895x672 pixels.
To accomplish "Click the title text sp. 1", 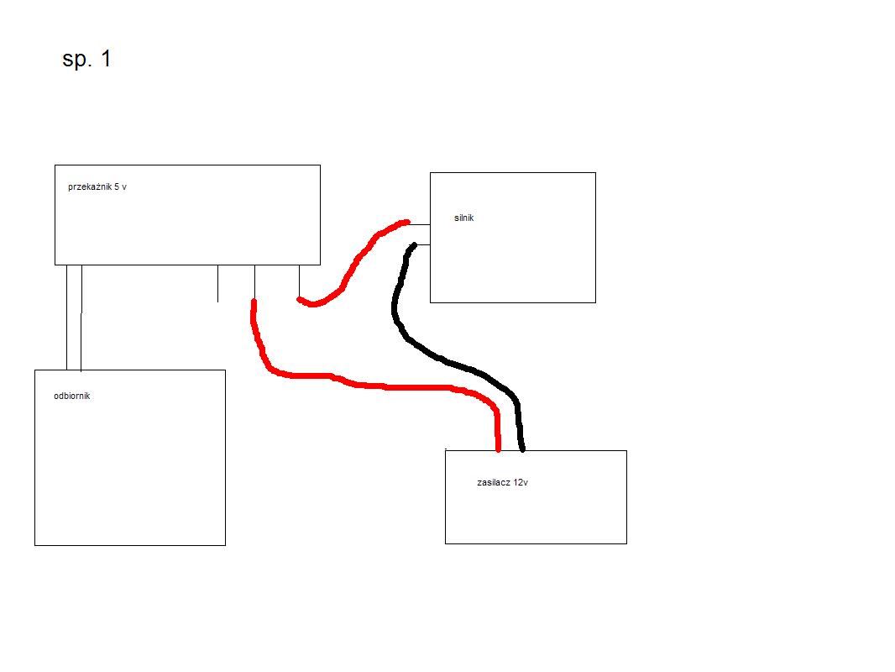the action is coord(86,60).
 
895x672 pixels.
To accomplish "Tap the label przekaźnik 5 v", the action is coord(97,187).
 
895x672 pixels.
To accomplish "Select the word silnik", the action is coord(464,218).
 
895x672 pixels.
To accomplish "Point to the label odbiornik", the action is coord(72,396).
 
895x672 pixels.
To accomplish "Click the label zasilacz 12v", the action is coord(502,482).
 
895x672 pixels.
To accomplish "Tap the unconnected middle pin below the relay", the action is coord(218,283).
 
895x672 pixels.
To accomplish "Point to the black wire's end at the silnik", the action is coord(413,245).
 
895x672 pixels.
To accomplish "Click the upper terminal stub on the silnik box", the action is coord(420,225).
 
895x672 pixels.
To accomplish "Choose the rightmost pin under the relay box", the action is coord(299,281).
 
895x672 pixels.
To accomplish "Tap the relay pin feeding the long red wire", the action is coord(254,282).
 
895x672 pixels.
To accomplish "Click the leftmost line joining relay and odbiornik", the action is coord(67,318).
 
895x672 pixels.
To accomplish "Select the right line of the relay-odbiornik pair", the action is coord(81,318).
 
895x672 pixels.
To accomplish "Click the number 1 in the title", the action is coord(106,59).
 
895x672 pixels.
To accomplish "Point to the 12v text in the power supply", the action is coord(521,482).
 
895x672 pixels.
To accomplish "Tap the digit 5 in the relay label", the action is coord(117,186).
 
